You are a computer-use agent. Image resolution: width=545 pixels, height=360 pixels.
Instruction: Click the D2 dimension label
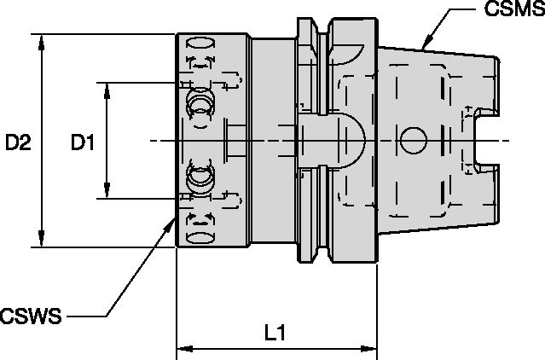click(x=18, y=142)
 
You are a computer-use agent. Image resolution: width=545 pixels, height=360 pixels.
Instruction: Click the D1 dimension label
click(x=82, y=142)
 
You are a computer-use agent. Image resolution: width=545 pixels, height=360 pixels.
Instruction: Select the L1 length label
click(x=274, y=335)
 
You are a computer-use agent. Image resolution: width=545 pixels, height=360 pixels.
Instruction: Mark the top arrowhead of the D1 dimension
click(x=107, y=89)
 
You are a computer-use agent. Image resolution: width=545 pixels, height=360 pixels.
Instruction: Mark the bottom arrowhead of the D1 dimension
click(x=107, y=192)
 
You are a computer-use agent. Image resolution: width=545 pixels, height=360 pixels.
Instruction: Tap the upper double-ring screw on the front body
click(x=200, y=103)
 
